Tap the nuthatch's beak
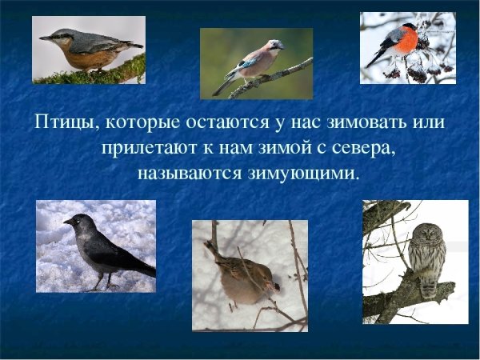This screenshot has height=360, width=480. (45, 37)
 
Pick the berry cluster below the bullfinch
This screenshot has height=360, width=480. (416, 70)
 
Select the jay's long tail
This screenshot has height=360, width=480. (224, 82)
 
